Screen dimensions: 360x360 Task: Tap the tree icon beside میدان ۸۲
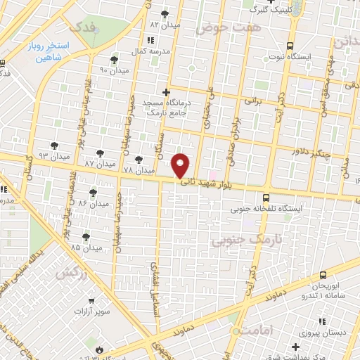(x=165, y=13)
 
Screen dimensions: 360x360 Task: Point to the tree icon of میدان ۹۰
(x=115, y=60)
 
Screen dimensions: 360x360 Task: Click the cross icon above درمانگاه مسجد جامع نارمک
(x=166, y=91)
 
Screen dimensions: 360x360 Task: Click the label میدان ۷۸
(x=138, y=171)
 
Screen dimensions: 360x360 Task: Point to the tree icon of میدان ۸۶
(x=93, y=191)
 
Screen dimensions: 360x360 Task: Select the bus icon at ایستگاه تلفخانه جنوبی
(x=266, y=198)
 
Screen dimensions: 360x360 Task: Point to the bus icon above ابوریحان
(x=322, y=275)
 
